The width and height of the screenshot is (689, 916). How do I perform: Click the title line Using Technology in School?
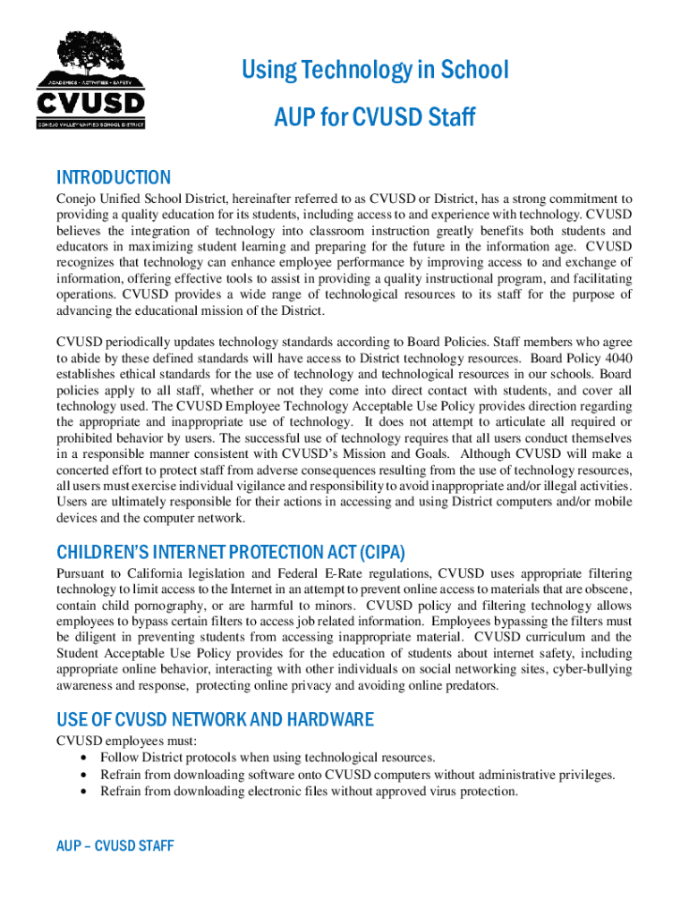coord(374,70)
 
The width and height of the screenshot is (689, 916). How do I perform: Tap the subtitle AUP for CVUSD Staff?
coord(374,117)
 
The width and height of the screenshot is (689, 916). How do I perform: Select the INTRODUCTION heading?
coord(113,178)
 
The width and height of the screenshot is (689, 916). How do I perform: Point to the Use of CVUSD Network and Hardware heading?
coord(215,720)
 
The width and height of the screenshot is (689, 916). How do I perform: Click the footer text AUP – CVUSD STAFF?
coord(115,845)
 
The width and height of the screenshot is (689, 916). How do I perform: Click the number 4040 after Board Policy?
coord(616,357)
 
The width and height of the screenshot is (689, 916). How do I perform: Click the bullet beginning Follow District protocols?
coord(268,758)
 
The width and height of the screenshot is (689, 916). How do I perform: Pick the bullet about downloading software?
coord(357,775)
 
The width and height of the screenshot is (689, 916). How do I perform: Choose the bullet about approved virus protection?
coord(309,792)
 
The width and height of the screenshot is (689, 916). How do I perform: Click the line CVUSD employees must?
coord(126,741)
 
